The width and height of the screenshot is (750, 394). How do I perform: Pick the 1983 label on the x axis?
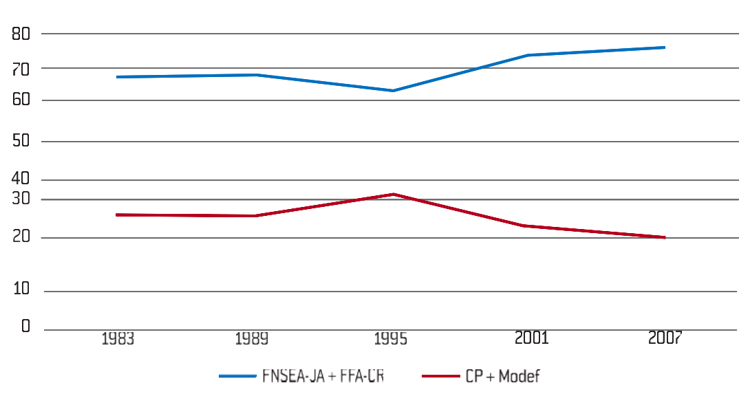[x=118, y=338]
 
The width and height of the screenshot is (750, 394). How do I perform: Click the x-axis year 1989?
[x=252, y=338]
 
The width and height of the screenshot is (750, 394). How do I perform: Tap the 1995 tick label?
[x=391, y=338]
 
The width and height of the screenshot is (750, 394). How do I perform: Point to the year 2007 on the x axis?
[x=664, y=338]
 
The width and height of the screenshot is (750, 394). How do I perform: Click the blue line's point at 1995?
[x=393, y=91]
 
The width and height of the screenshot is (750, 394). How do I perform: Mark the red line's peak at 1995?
[x=393, y=194]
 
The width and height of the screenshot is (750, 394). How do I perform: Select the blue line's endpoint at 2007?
[x=665, y=47]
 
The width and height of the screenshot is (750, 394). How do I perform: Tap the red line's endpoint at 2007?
[x=665, y=237]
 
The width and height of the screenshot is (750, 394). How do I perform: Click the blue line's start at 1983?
[x=118, y=77]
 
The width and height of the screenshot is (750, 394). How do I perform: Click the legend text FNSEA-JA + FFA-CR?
[x=322, y=375]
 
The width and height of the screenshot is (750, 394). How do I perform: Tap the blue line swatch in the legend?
[x=237, y=376]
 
